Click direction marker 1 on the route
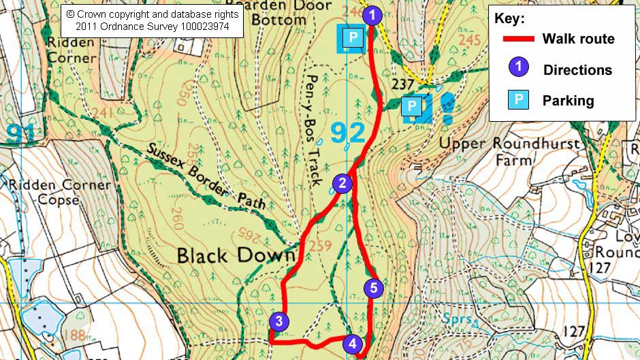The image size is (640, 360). [372, 15]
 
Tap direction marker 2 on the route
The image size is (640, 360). [342, 182]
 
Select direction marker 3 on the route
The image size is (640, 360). [279, 322]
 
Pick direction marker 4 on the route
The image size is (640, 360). [352, 344]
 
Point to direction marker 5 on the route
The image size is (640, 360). [373, 288]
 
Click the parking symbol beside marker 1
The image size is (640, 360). [352, 38]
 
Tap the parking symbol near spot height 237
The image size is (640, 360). [411, 105]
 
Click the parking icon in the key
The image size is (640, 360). [519, 101]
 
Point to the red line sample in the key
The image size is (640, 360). [519, 39]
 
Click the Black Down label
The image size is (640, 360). [236, 256]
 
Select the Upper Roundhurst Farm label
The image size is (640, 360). [511, 152]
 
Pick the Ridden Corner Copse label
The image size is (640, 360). [56, 192]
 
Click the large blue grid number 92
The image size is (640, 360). [349, 133]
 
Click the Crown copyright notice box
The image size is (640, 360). [153, 20]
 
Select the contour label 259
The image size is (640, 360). [320, 244]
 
